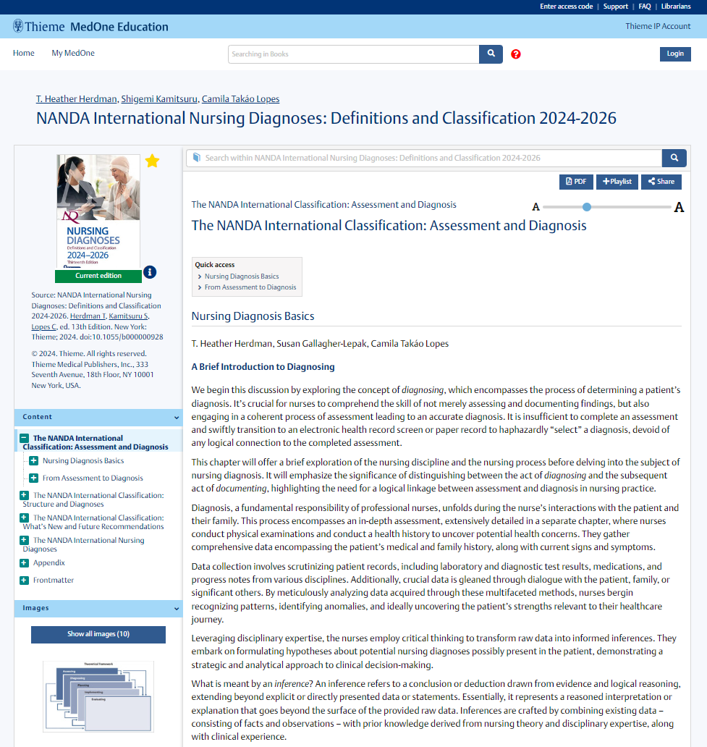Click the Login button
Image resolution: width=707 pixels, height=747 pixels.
pyautogui.click(x=674, y=54)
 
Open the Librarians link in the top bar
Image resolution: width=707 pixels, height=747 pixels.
pyautogui.click(x=675, y=7)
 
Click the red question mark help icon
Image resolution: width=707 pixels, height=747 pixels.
pyautogui.click(x=516, y=54)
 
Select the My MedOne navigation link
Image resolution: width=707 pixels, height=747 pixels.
pyautogui.click(x=72, y=53)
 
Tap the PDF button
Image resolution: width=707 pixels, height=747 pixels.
pyautogui.click(x=576, y=182)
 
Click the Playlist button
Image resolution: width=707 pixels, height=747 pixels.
pyautogui.click(x=617, y=182)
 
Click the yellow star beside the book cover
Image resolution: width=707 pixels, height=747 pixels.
pyautogui.click(x=152, y=161)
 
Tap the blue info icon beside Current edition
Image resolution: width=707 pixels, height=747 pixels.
pyautogui.click(x=150, y=272)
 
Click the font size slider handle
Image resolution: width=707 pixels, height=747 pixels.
pyautogui.click(x=587, y=207)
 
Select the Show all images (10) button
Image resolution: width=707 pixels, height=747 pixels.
pyautogui.click(x=98, y=634)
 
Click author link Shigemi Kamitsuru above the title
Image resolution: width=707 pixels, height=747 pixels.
pyautogui.click(x=159, y=99)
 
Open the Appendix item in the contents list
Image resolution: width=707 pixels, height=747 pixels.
pyautogui.click(x=48, y=562)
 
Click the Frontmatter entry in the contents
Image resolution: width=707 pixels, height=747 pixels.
pyautogui.click(x=53, y=580)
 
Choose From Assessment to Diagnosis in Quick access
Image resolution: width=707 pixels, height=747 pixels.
pyautogui.click(x=250, y=287)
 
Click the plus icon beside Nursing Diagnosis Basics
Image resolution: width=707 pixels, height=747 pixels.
pyautogui.click(x=34, y=460)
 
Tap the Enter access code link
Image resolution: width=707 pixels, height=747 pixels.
pyautogui.click(x=566, y=7)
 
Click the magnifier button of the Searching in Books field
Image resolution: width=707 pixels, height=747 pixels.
pyautogui.click(x=491, y=54)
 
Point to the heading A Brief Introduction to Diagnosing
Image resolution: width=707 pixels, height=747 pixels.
pyautogui.click(x=263, y=367)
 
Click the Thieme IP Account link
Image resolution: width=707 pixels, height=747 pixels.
pyautogui.click(x=658, y=26)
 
